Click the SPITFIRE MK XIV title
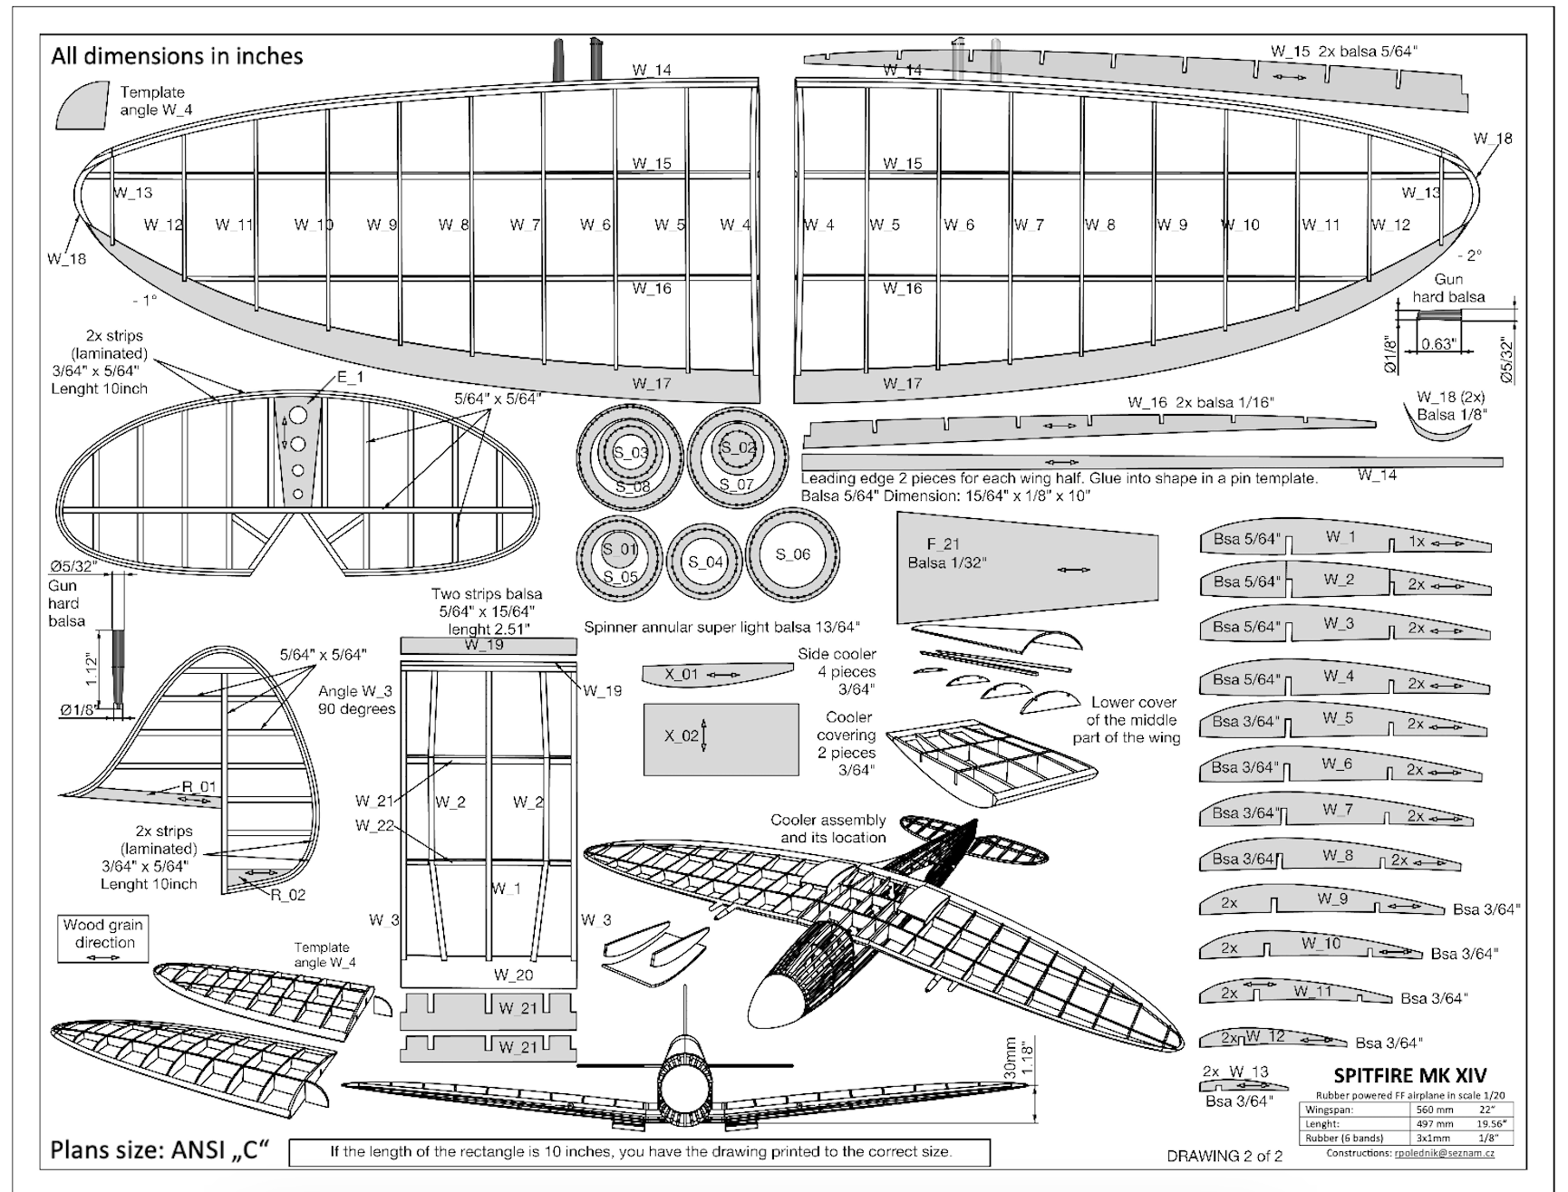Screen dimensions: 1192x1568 1409,1075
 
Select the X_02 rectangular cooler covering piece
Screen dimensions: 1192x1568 721,738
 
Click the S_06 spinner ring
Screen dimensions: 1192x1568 792,554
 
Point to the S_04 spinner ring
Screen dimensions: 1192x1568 704,562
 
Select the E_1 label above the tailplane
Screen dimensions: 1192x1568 350,376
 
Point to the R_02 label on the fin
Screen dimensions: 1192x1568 289,895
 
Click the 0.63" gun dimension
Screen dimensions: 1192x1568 1438,344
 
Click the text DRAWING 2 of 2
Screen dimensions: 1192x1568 1224,1156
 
